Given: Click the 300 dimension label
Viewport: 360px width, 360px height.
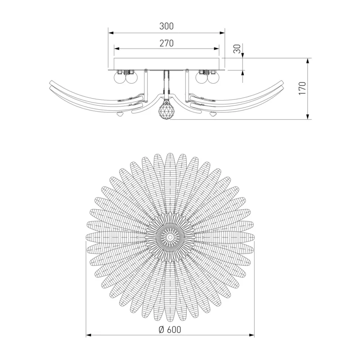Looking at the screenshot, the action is [166, 26].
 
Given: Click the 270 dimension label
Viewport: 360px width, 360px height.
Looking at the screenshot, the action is [166, 43].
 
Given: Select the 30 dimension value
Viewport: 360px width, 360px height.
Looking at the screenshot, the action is [238, 49].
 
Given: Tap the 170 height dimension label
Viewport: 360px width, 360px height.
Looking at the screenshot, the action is [302, 88].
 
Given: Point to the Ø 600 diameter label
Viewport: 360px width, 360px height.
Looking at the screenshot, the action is [170, 330].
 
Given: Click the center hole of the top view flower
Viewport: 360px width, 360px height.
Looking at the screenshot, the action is [170, 237].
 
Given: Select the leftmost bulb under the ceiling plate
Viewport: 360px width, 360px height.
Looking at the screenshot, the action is [119, 77].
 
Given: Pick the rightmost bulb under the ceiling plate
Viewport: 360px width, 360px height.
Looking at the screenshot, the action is [213, 77].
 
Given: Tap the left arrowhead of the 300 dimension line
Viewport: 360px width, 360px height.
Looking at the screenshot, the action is [111, 33].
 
